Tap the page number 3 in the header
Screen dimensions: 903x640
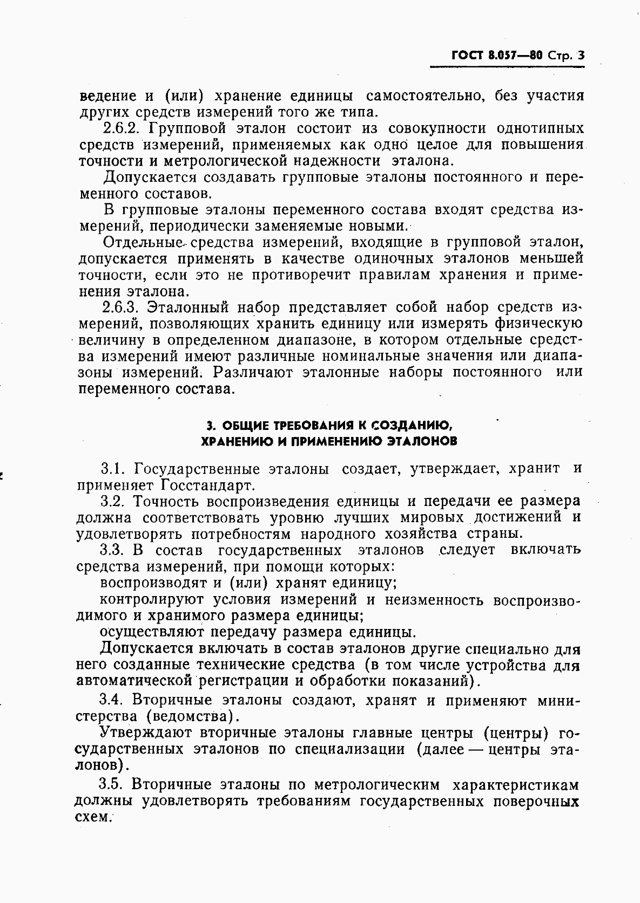pos(581,55)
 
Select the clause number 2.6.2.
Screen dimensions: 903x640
pos(122,128)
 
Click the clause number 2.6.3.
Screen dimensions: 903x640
pos(122,307)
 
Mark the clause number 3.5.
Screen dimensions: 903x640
pos(112,783)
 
